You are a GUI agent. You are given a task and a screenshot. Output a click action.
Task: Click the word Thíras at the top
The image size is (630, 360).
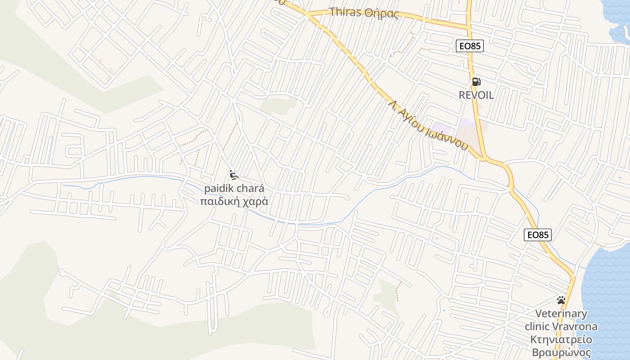(x=345, y=12)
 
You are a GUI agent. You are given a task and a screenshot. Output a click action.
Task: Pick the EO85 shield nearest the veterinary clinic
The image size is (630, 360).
(x=538, y=235)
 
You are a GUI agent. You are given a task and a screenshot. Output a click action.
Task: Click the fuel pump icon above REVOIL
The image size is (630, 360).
(x=477, y=82)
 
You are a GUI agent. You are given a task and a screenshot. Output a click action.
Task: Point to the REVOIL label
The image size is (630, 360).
(x=476, y=95)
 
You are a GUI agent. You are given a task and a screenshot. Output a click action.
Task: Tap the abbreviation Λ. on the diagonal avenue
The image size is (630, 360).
(x=393, y=105)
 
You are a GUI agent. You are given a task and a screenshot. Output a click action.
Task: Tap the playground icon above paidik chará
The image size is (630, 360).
(x=234, y=175)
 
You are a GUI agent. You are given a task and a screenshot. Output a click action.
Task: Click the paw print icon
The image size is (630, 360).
(x=561, y=300)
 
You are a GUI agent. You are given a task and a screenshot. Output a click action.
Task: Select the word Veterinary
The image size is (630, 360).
(x=561, y=314)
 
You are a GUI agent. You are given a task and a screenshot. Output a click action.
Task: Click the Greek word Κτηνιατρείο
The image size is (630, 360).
(x=561, y=339)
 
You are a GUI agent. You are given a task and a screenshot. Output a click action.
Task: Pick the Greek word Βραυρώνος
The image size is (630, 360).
(x=561, y=352)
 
